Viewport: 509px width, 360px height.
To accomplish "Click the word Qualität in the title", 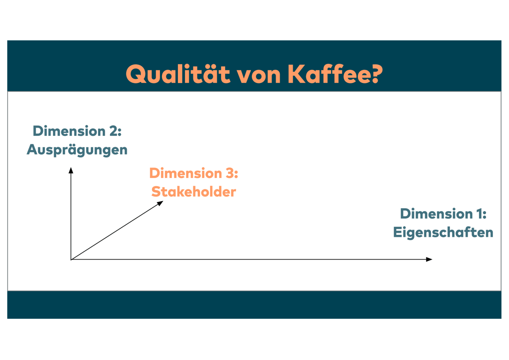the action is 178,74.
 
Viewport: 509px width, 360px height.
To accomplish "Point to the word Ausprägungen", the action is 77,150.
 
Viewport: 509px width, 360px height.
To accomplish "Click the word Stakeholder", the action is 193,192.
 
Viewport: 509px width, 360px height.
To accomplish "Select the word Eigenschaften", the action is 443,232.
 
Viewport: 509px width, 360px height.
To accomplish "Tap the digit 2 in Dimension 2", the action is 113,131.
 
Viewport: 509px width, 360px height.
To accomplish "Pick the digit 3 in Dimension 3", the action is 230,173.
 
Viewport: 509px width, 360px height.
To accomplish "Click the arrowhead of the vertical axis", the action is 71,170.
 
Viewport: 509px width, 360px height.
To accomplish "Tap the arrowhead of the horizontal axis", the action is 429,259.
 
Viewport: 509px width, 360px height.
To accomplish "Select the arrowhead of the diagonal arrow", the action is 160,203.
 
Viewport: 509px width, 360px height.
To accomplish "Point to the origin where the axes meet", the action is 71,259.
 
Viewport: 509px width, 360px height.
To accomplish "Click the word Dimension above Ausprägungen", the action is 69,131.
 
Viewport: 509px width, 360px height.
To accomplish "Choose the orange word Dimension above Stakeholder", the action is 186,173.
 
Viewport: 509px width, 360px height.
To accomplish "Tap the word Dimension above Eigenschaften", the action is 436,214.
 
